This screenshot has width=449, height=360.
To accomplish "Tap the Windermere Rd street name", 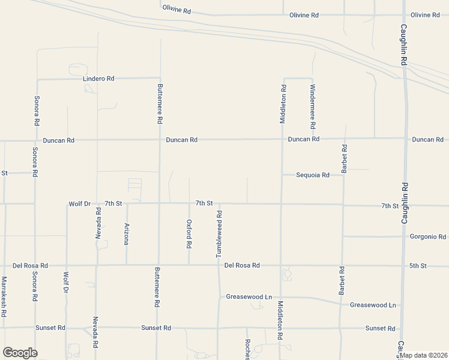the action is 313,107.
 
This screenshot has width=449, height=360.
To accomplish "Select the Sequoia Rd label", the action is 313,175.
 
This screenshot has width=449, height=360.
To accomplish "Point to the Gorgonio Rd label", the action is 427,236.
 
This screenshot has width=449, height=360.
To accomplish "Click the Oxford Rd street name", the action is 189,234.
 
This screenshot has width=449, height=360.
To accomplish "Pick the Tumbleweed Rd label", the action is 220,234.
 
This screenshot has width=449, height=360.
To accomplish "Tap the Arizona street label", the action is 127,234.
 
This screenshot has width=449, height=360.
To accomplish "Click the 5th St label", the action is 418,265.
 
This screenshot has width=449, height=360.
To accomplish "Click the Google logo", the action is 20,353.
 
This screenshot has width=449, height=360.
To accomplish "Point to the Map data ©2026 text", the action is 424,355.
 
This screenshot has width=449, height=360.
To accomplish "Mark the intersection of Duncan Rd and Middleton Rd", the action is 282,139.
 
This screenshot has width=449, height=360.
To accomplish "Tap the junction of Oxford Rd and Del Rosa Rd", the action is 189,265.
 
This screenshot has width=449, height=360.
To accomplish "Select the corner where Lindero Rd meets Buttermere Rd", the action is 159,78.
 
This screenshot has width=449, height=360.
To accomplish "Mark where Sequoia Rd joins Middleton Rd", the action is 282,175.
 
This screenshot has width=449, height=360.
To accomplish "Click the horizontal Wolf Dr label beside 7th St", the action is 79,204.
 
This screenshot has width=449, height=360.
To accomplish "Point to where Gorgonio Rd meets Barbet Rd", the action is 343,236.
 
